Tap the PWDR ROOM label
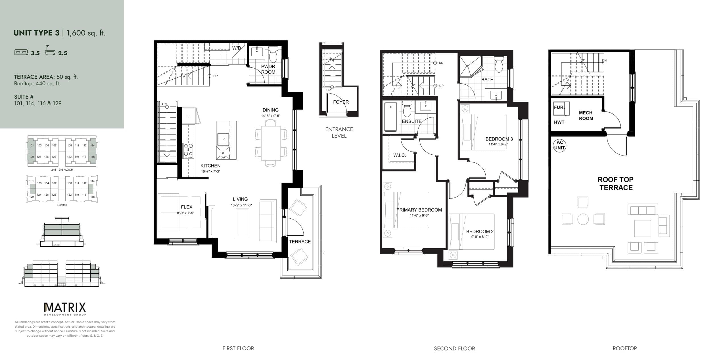point(268,69)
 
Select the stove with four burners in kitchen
point(188,151)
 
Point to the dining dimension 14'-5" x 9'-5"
point(271,116)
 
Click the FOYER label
point(341,102)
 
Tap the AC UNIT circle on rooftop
point(559,145)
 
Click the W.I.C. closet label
point(399,155)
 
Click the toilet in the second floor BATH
point(499,65)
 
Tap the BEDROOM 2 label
point(480,231)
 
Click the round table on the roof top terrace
point(583,219)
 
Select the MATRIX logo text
point(65,307)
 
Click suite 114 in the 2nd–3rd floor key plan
point(92,145)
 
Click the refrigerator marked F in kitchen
point(188,116)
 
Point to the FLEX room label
point(187,207)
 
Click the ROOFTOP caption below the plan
point(624,348)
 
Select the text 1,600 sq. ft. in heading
point(85,33)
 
